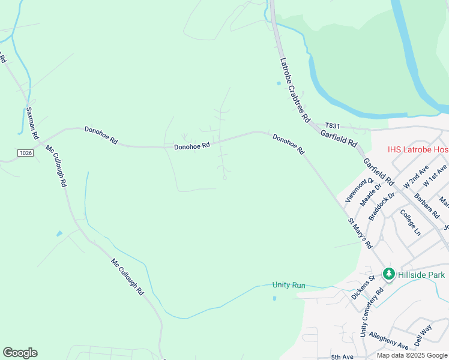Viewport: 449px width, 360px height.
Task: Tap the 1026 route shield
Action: point(25,154)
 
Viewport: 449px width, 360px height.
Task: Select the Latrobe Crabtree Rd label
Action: point(294,89)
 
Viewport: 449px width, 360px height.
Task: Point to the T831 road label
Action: point(332,126)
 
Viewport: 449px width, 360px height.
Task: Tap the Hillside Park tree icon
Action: point(388,274)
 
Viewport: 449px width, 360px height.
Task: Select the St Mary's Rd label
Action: point(360,233)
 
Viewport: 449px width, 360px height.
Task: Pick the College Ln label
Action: point(411,223)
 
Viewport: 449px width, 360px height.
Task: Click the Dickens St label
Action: point(363,287)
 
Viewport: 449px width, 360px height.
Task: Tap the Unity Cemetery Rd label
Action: point(371,311)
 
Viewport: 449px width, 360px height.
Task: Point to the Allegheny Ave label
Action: point(388,340)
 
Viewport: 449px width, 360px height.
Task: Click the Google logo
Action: point(20,353)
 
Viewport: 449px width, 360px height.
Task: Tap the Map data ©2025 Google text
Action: point(411,355)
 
